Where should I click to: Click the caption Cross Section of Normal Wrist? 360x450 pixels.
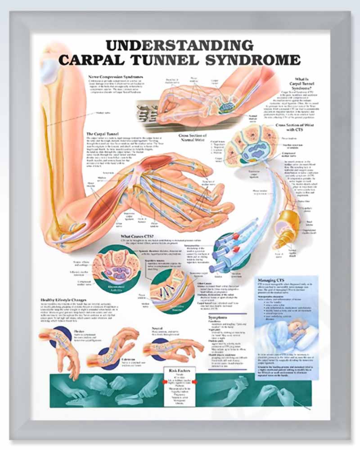[x=192, y=137]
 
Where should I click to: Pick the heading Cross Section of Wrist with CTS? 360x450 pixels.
[x=294, y=127]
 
